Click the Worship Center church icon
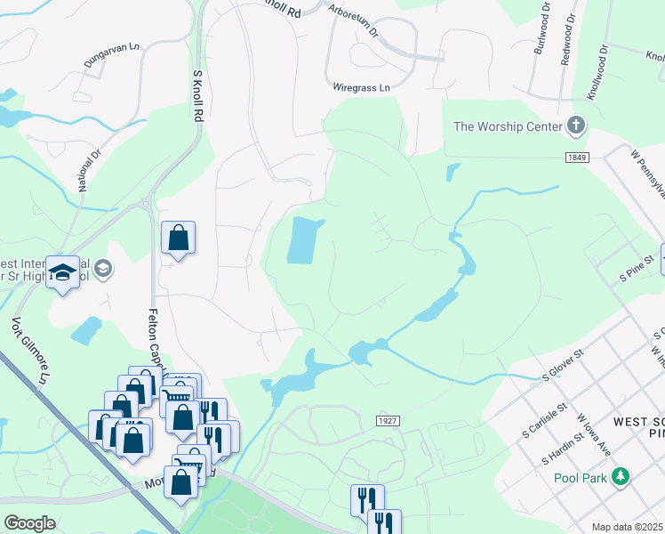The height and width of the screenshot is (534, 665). (x=576, y=125)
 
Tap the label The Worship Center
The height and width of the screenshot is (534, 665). (x=508, y=126)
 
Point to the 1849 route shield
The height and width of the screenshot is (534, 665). (x=576, y=157)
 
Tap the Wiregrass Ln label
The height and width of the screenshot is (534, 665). (x=361, y=88)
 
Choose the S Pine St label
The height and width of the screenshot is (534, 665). (x=637, y=263)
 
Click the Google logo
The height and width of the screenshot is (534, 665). (x=29, y=523)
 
